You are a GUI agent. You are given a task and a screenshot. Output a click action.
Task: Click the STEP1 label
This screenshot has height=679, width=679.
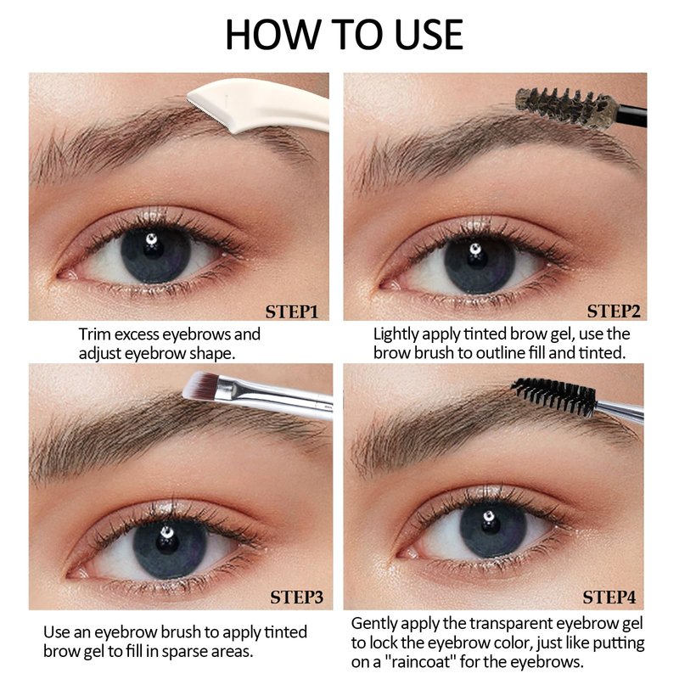(292, 311)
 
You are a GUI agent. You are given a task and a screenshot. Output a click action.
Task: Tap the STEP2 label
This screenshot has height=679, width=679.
(614, 311)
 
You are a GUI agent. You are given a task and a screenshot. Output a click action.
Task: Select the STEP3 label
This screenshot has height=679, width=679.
(296, 598)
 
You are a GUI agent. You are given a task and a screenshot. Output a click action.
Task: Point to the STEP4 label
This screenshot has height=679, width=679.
(609, 598)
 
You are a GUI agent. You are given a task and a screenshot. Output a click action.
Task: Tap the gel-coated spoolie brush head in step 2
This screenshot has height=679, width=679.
(566, 107)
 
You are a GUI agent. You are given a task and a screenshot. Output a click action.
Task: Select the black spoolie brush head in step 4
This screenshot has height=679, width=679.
(554, 396)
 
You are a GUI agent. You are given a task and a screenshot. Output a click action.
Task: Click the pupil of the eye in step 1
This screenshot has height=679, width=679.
(154, 249)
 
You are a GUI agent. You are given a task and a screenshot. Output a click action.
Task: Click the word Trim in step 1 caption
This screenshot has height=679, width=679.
(94, 334)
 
